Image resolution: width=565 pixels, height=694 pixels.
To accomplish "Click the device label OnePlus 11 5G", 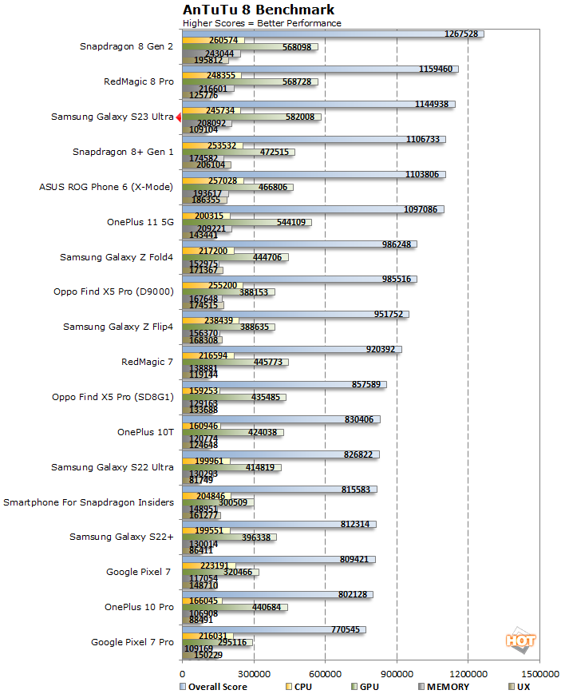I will [140, 222].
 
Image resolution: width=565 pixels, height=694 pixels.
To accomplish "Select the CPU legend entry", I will [298, 686].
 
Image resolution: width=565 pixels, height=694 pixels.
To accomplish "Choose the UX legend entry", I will [520, 686].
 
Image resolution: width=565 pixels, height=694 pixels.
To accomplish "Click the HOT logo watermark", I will [520, 640].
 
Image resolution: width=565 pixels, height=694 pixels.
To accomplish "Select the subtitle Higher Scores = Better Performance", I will [262, 23].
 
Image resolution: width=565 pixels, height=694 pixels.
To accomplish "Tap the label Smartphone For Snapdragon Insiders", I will [89, 502].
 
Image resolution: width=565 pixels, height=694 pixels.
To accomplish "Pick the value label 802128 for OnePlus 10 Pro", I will [354, 594].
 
